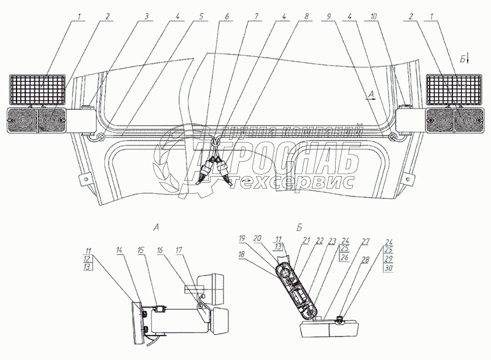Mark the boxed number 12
point(90,259)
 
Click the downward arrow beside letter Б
point(468,59)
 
